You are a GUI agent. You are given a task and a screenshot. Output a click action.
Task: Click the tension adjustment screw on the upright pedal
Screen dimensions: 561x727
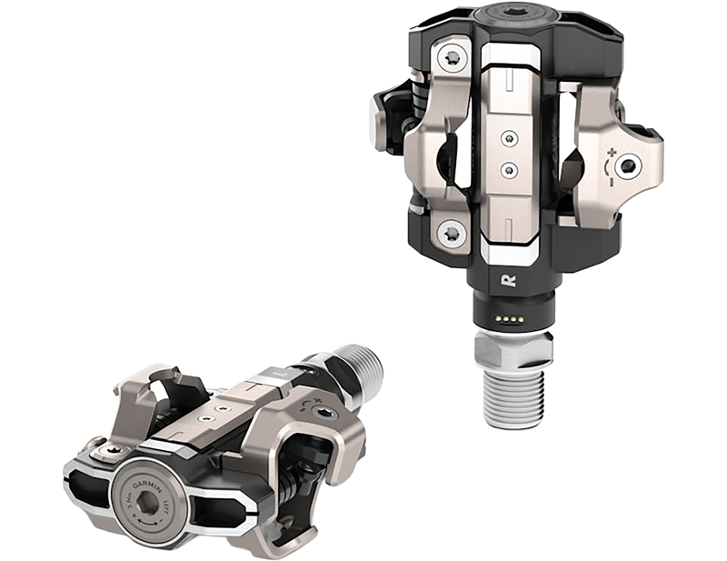pyautogui.click(x=627, y=165)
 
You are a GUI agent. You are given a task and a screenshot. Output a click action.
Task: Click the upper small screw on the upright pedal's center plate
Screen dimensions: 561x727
pyautogui.click(x=509, y=138)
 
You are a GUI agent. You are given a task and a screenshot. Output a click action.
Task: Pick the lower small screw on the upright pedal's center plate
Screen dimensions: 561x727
pyautogui.click(x=509, y=170)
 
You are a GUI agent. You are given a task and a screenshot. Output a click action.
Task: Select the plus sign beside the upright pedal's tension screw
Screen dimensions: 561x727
pyautogui.click(x=611, y=149)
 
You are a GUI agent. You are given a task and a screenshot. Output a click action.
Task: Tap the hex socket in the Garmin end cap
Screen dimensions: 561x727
pyautogui.click(x=145, y=502)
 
